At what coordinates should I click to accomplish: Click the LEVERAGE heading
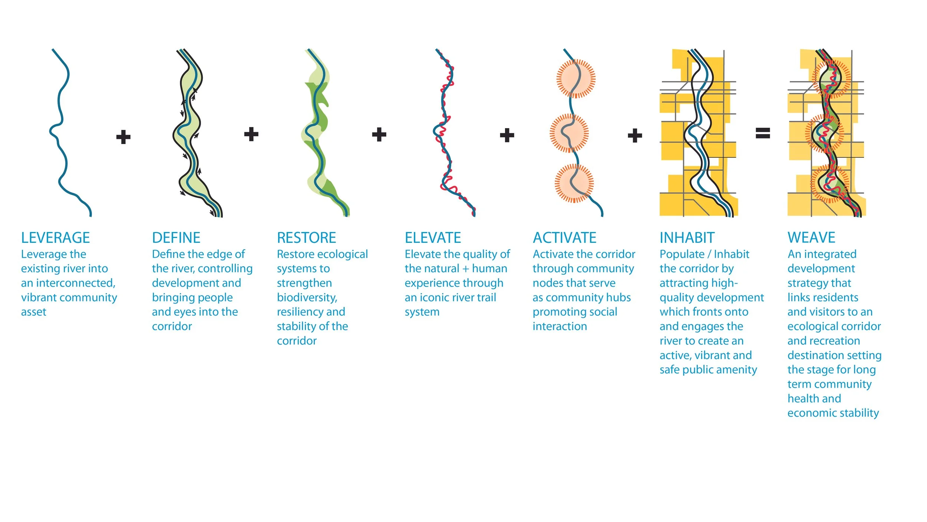[55, 238]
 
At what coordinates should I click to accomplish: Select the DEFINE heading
[176, 238]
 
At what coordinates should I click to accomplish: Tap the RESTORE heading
[306, 238]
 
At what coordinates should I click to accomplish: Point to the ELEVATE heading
[433, 238]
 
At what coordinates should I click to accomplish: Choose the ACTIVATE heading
[564, 238]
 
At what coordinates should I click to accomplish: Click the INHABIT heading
[687, 238]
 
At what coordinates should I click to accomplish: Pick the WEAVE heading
[811, 237]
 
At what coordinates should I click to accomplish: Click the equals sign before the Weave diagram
[763, 133]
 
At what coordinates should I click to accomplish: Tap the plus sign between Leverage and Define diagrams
[123, 137]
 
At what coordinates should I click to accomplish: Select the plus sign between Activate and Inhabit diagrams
[635, 136]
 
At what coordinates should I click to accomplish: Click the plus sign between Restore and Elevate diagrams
[379, 134]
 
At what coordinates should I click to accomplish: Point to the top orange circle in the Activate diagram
[576, 79]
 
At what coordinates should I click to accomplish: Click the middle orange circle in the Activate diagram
[569, 133]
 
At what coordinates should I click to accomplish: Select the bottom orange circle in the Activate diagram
[574, 183]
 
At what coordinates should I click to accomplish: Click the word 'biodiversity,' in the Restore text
[307, 297]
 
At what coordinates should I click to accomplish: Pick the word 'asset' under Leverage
[34, 312]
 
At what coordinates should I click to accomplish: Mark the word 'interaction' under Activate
[560, 326]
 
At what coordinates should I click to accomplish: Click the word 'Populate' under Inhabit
[682, 254]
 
